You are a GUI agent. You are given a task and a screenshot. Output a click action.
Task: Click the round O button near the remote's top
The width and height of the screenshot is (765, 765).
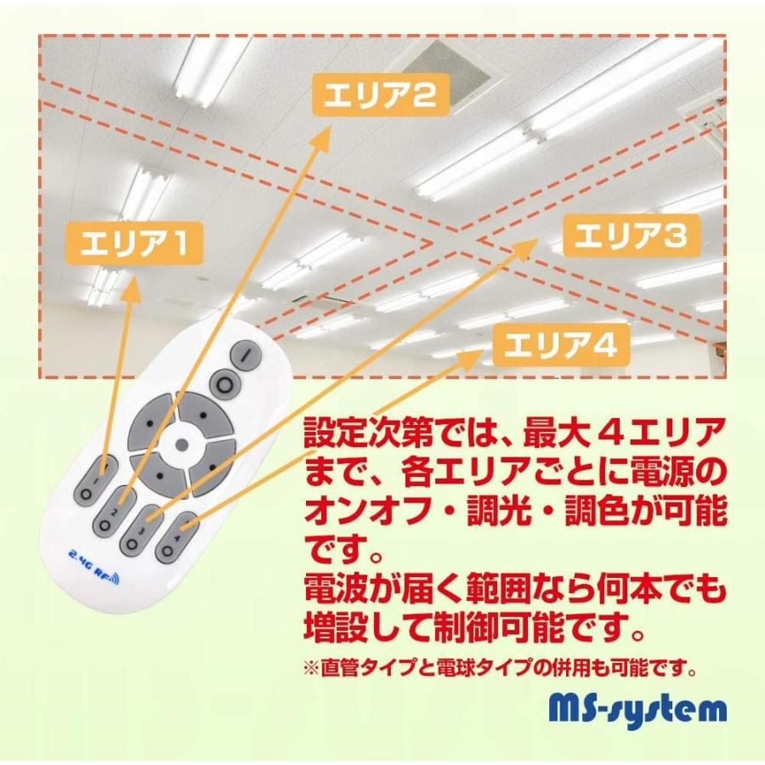pos(224,385)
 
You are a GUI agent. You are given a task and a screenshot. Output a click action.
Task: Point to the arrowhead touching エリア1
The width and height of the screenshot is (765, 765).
pos(131,289)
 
